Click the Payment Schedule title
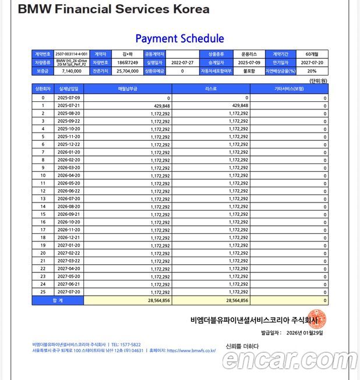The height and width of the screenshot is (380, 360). coord(179,39)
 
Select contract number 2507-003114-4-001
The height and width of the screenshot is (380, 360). coord(72,54)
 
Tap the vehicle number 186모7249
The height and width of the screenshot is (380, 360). coord(127,62)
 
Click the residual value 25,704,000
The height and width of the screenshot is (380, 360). coord(127,70)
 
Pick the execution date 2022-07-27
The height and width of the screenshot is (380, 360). coord(183,62)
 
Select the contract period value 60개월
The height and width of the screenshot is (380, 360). coord(312,54)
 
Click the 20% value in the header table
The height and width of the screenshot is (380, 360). coord(312,70)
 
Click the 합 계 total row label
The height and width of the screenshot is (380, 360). coord(58,300)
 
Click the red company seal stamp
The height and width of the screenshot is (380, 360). coord(316,318)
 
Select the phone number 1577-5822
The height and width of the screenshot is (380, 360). coord(129,345)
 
